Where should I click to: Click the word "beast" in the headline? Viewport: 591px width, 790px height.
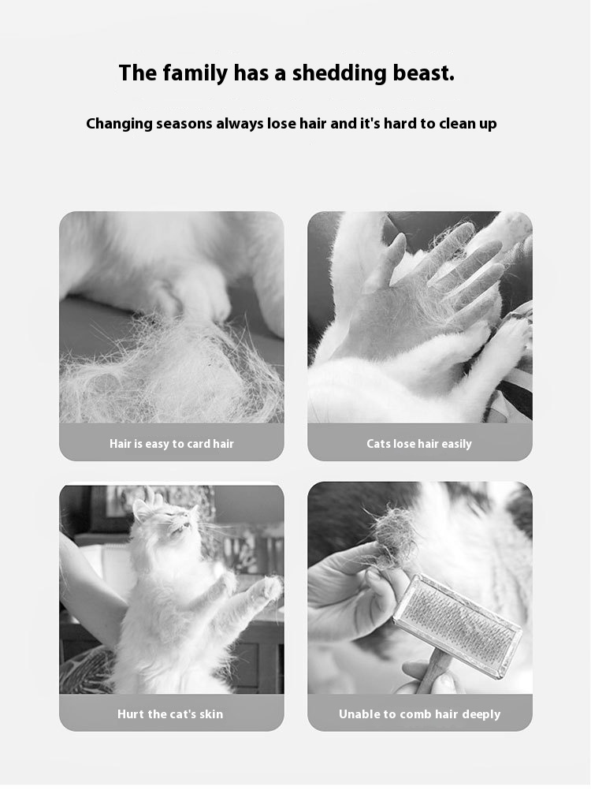(x=423, y=73)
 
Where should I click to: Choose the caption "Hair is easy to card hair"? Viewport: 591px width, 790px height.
(x=172, y=444)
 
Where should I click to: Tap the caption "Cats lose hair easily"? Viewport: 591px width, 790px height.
(x=419, y=444)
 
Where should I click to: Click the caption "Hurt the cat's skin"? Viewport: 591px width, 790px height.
(x=170, y=714)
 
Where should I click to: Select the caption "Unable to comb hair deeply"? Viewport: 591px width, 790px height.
(x=420, y=714)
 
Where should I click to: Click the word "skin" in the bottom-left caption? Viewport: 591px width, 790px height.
(x=211, y=714)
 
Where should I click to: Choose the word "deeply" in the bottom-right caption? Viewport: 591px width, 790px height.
(x=481, y=715)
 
